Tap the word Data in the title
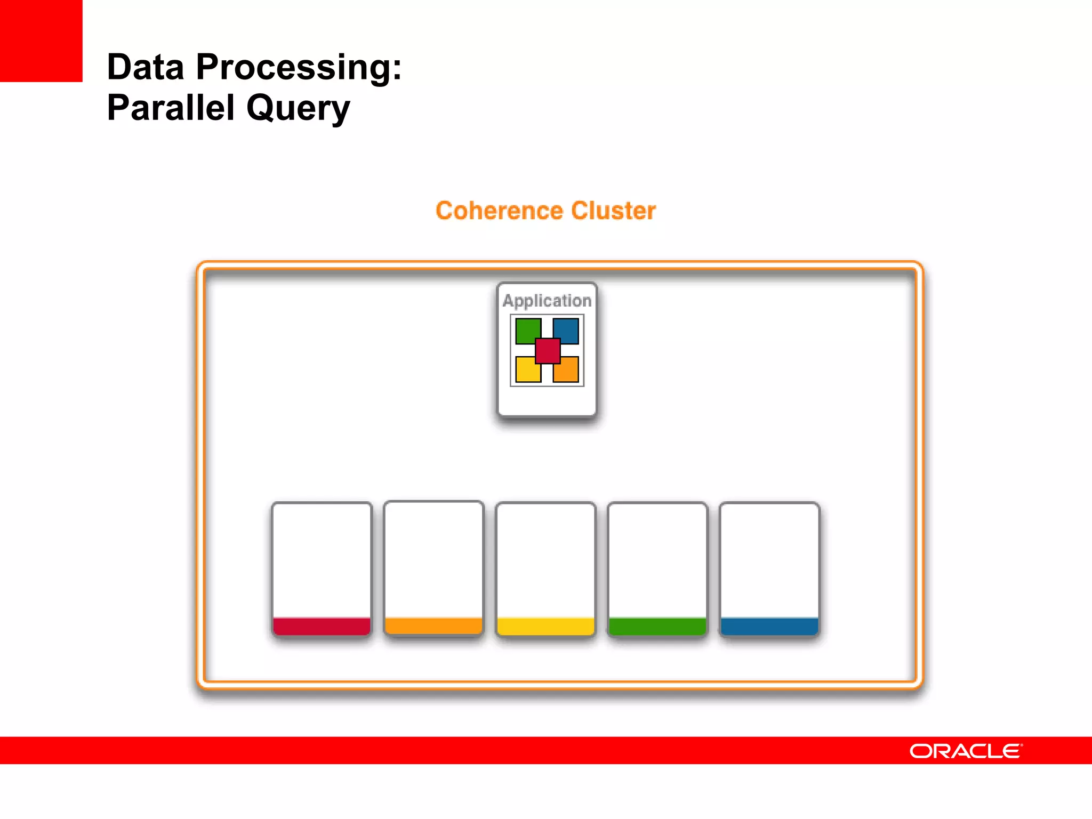(145, 67)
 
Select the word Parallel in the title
(170, 108)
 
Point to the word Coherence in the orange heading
(499, 211)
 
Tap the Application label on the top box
(547, 301)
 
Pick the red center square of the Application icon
(548, 351)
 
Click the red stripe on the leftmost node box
(322, 626)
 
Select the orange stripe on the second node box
(433, 625)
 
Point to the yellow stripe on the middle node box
(545, 626)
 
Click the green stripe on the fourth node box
(657, 626)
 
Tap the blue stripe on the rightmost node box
(769, 626)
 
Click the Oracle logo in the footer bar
(966, 751)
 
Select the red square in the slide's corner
(41, 41)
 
